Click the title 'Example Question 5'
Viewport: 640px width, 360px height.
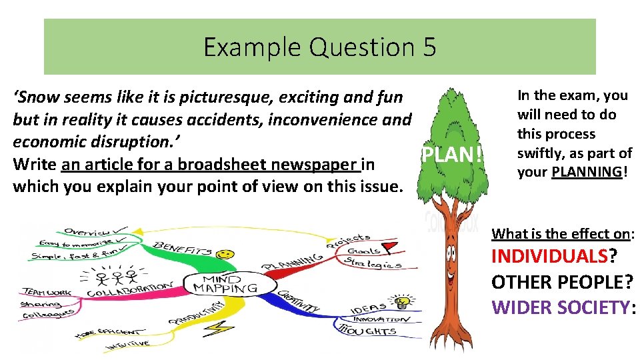pyautogui.click(x=319, y=47)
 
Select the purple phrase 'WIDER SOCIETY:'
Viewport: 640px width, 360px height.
pyautogui.click(x=561, y=307)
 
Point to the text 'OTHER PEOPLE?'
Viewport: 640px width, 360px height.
pyautogui.click(x=561, y=282)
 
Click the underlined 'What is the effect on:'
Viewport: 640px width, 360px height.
pyautogui.click(x=563, y=233)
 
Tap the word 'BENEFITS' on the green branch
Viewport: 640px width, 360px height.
pyautogui.click(x=183, y=249)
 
